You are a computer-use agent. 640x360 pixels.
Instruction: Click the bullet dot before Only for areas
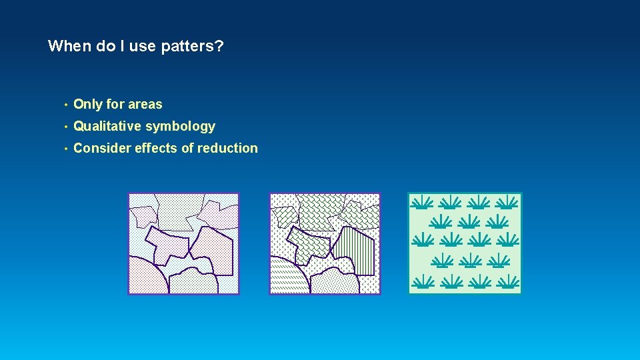tap(65, 105)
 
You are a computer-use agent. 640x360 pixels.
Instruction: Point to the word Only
tap(87, 104)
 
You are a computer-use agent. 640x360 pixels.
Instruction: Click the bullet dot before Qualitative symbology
tap(65, 127)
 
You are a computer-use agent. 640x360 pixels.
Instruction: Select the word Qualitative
tap(107, 126)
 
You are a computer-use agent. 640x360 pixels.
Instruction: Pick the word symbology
tap(181, 127)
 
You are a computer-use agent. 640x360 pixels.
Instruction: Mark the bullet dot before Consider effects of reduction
tap(65, 149)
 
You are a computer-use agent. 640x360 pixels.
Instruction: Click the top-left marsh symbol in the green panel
tap(421, 202)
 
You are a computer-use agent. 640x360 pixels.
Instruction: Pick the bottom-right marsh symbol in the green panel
tap(509, 282)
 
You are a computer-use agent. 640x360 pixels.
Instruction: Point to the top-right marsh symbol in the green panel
tap(509, 202)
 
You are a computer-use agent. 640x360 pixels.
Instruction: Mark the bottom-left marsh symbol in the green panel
tap(421, 282)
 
